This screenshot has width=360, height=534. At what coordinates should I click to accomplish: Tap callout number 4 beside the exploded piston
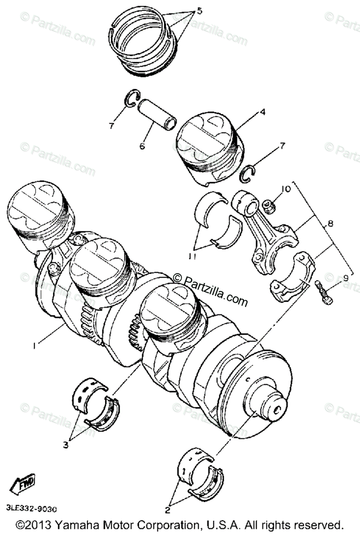tap(263, 112)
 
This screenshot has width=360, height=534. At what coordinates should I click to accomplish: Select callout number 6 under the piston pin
tap(142, 146)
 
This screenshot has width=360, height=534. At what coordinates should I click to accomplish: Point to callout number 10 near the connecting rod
tap(286, 189)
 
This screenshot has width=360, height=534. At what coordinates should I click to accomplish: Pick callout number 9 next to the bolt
tap(345, 279)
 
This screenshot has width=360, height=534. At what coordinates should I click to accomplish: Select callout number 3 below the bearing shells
tap(66, 445)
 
